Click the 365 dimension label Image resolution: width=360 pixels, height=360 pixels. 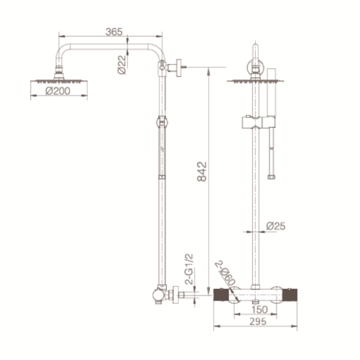coord(114,32)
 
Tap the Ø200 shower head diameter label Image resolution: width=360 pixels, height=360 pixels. coord(57,91)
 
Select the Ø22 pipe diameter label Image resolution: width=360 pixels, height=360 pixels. coord(122,65)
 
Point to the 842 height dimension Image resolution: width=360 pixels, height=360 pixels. coord(202,172)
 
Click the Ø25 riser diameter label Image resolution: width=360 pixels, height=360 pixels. coord(276,226)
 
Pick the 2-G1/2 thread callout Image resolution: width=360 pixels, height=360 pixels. coord(189,269)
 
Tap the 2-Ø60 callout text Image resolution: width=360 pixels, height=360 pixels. coord(225,273)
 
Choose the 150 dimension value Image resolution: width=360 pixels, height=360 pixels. coord(259,310)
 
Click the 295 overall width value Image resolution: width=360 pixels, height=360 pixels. coord(258,321)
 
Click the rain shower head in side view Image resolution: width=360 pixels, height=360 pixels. coord(59,80)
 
